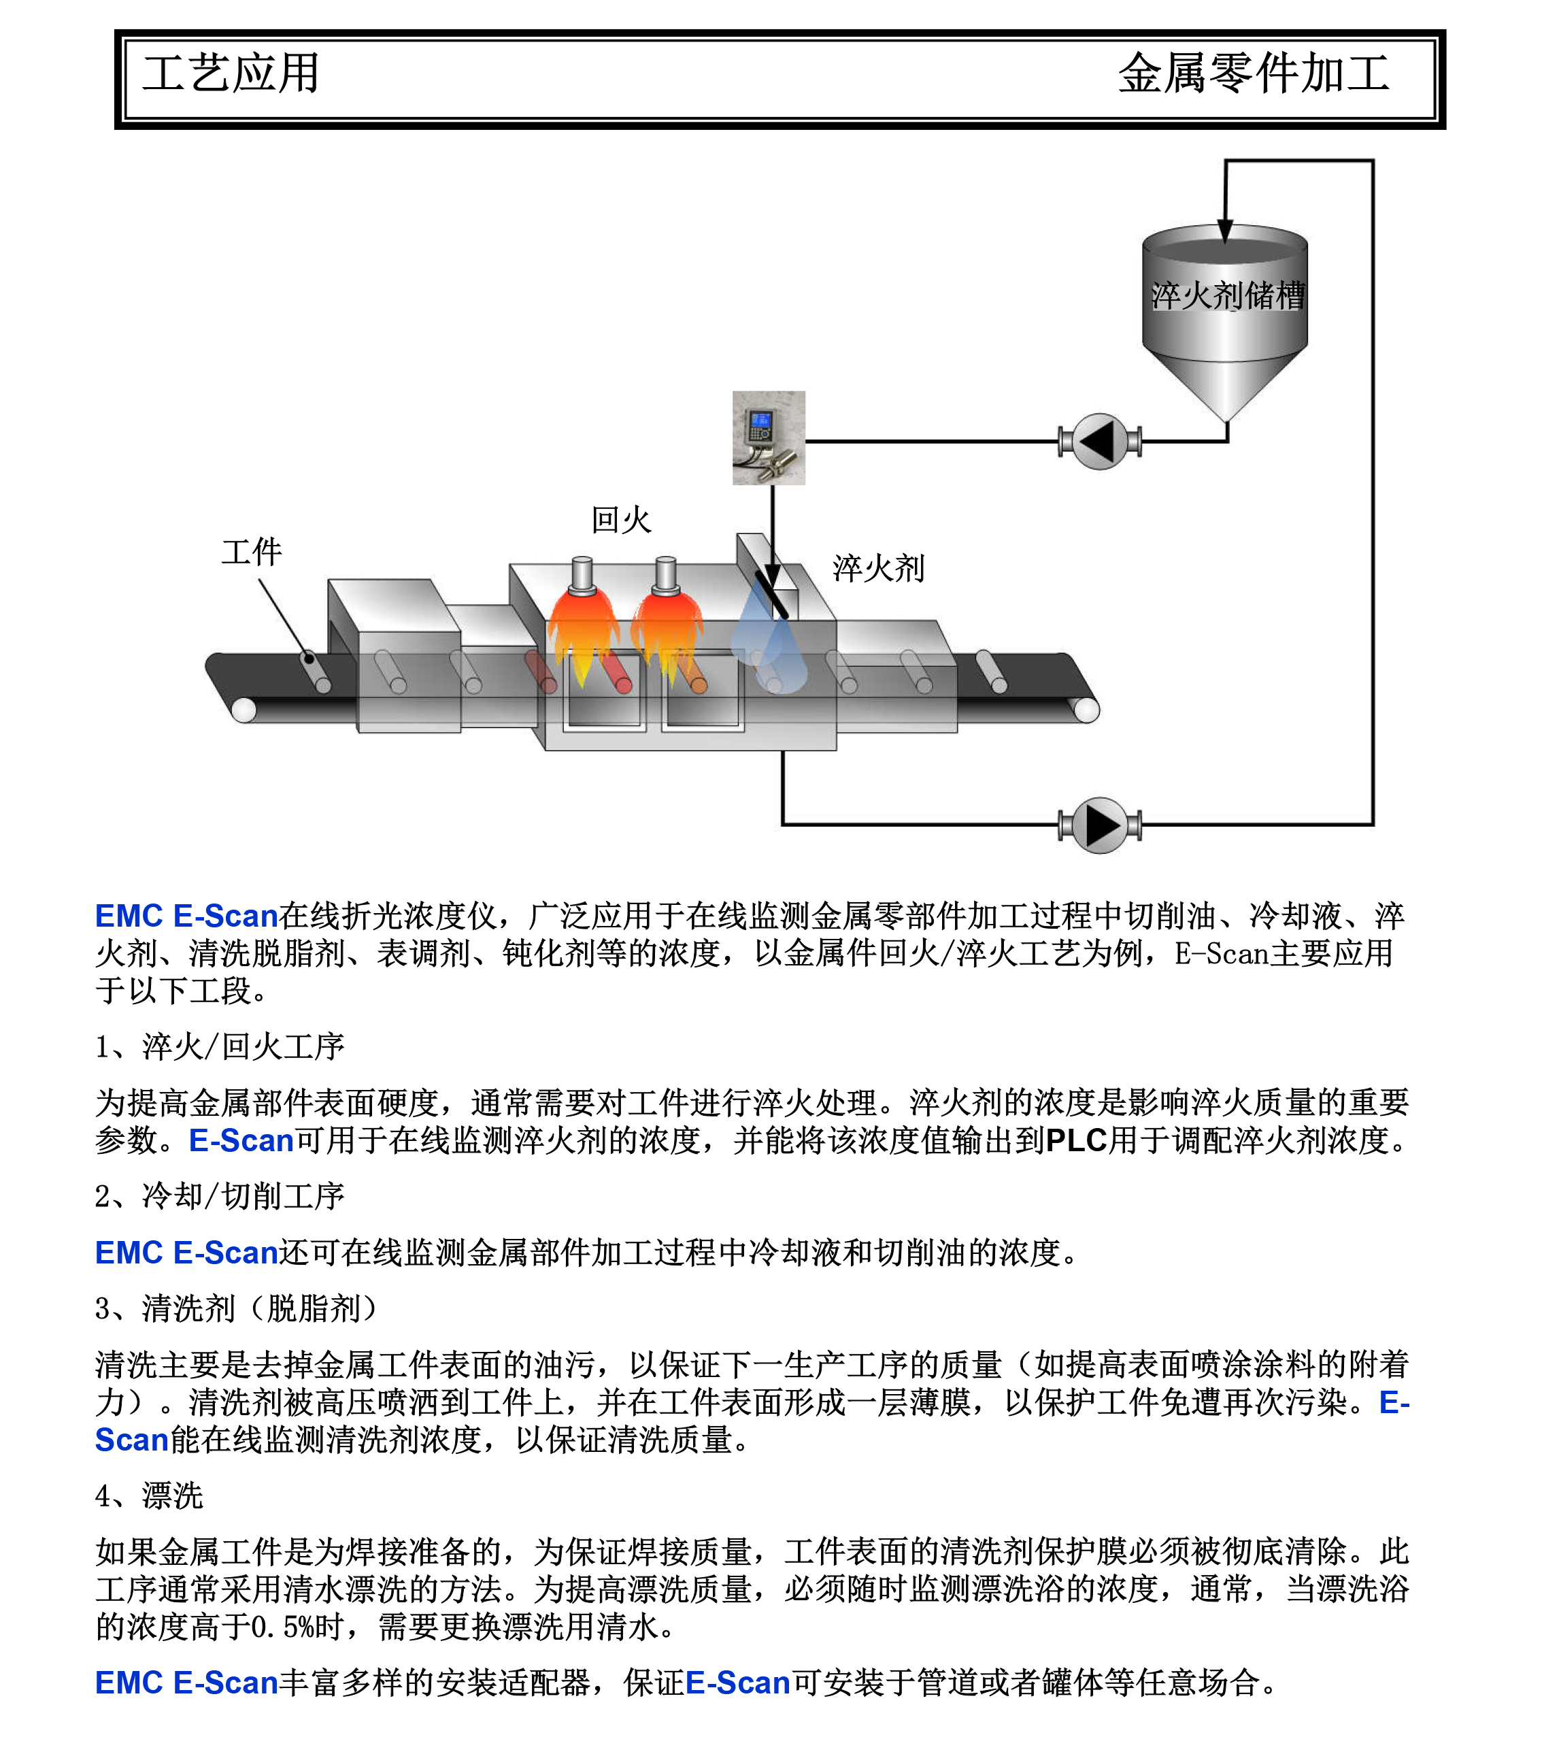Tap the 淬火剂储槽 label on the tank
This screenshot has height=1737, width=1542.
(x=1228, y=296)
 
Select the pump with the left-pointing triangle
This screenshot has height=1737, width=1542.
(x=1099, y=441)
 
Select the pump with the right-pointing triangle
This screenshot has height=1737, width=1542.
(x=1099, y=825)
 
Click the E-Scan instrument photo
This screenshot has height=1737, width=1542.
(x=769, y=437)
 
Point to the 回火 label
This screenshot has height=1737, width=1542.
(x=621, y=520)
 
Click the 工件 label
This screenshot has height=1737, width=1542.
(x=252, y=552)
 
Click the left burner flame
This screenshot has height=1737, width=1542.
(x=583, y=633)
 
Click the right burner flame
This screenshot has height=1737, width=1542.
(x=666, y=633)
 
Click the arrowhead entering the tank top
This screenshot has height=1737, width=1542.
(x=1224, y=229)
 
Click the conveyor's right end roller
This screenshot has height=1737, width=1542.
(x=1086, y=709)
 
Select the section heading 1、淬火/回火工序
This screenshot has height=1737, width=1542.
(x=219, y=1047)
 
